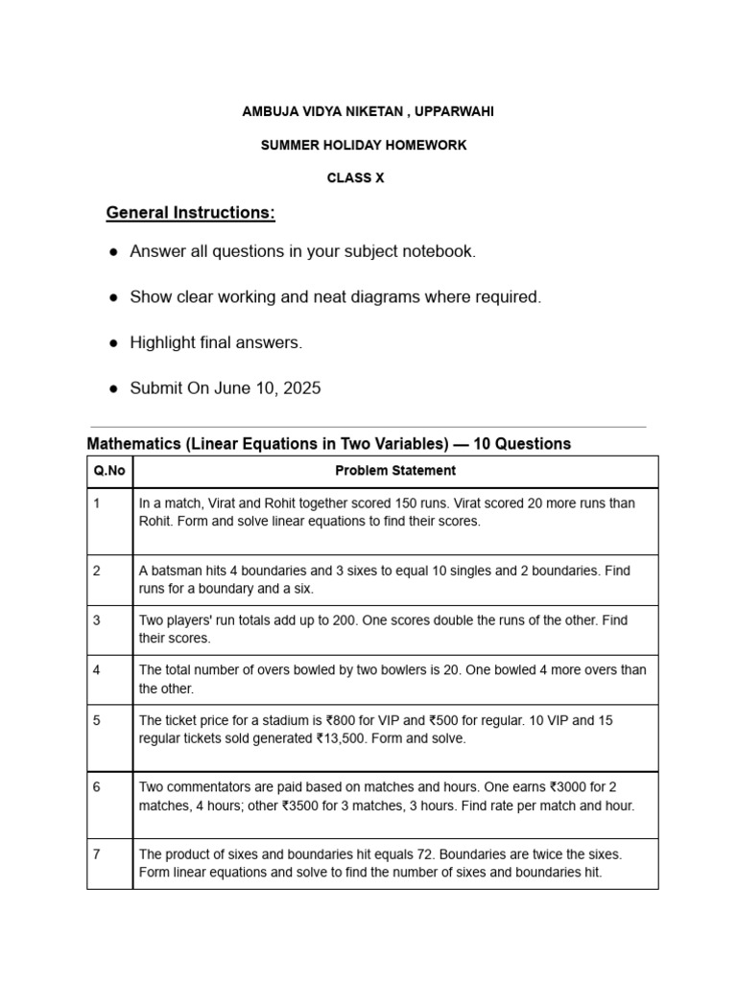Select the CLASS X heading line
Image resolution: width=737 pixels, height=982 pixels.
(x=355, y=178)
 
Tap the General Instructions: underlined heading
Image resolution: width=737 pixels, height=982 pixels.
(x=190, y=213)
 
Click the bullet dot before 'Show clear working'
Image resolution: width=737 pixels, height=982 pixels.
(x=113, y=297)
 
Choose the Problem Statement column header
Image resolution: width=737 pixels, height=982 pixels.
(x=395, y=471)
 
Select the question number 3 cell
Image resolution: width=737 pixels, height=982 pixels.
(x=97, y=620)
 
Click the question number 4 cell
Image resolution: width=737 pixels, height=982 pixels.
(x=97, y=670)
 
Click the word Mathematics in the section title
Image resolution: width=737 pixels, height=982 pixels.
(x=133, y=444)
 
